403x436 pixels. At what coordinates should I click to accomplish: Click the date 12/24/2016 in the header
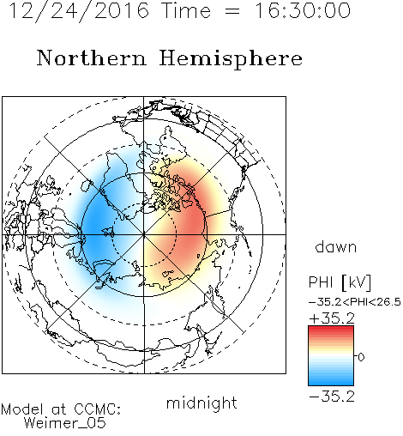click(x=79, y=11)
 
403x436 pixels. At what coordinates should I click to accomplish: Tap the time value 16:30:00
click(x=303, y=10)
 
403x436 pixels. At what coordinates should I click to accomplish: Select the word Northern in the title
click(x=92, y=58)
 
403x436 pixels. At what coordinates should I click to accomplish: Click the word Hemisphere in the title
click(x=231, y=59)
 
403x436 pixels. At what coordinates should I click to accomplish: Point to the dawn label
click(x=336, y=246)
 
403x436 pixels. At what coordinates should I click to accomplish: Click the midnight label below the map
click(x=201, y=403)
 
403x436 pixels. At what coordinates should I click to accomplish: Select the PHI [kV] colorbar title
click(x=340, y=282)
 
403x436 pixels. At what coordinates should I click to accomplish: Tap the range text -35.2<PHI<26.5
click(x=355, y=302)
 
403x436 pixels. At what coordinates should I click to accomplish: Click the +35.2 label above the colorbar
click(x=332, y=318)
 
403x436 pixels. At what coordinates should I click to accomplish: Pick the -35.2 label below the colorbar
click(x=332, y=397)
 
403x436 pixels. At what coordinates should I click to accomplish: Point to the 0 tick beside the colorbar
click(x=361, y=357)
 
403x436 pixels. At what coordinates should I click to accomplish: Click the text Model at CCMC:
click(x=61, y=409)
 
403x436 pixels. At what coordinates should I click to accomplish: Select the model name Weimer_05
click(x=64, y=423)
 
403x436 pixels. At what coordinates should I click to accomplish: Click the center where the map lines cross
click(x=144, y=234)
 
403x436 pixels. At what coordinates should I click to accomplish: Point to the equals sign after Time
click(x=232, y=11)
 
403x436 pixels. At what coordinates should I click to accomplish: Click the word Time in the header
click(x=186, y=10)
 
